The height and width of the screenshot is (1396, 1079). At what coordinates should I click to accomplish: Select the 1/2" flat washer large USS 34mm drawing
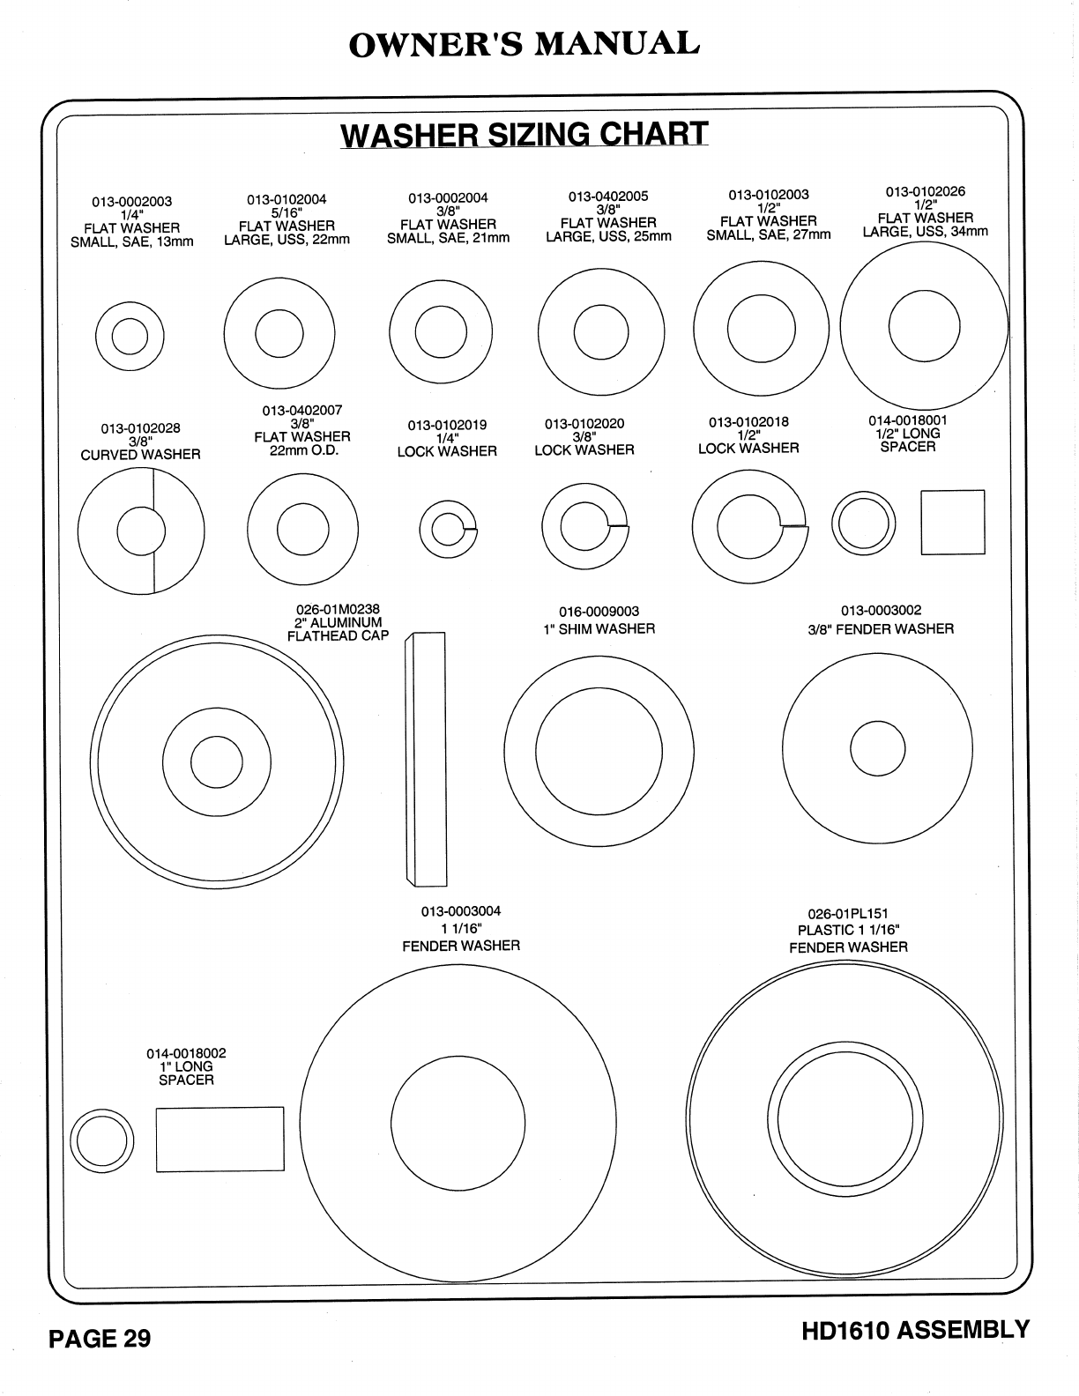pyautogui.click(x=924, y=324)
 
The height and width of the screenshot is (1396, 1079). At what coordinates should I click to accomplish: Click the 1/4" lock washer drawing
pyautogui.click(x=448, y=530)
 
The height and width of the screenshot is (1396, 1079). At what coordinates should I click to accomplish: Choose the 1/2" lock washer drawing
pyautogui.click(x=749, y=527)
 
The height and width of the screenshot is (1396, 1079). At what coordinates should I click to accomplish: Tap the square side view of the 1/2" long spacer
pyautogui.click(x=953, y=523)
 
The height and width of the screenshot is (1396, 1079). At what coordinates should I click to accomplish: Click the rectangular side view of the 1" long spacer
pyautogui.click(x=220, y=1140)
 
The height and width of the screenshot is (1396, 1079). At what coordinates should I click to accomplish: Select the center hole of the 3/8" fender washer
pyautogui.click(x=878, y=748)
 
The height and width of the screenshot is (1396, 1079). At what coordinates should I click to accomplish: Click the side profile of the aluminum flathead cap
pyautogui.click(x=425, y=759)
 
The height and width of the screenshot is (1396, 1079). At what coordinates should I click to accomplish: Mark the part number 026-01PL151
pyautogui.click(x=848, y=914)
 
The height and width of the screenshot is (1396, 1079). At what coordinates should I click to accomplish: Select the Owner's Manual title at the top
pyautogui.click(x=525, y=44)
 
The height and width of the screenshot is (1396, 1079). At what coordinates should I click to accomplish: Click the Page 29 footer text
pyautogui.click(x=100, y=1339)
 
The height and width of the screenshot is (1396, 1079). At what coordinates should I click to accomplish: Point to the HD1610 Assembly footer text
pyautogui.click(x=915, y=1330)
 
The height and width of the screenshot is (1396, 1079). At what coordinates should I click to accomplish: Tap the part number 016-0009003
pyautogui.click(x=599, y=612)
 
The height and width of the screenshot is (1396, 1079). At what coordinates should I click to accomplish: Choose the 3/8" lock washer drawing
pyautogui.click(x=584, y=527)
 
